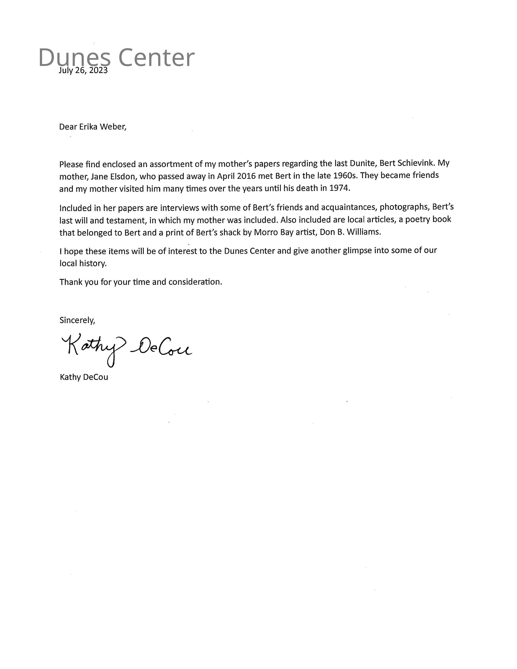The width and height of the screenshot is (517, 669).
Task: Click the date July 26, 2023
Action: pos(83,70)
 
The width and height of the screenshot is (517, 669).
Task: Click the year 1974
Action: pos(339,188)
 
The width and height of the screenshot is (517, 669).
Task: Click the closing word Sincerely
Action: pos(77,320)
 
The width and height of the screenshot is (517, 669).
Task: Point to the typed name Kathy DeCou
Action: pos(84,377)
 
